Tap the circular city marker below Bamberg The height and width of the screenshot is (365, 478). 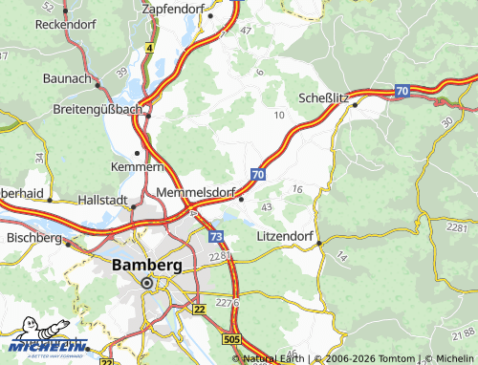click(147, 283)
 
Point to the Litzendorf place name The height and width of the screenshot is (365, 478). click(286, 234)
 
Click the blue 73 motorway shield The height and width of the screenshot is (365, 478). click(217, 236)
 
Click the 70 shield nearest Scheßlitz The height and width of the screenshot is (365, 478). click(402, 91)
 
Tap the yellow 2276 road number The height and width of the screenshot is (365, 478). click(227, 302)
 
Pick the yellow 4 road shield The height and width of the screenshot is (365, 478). click(150, 46)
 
